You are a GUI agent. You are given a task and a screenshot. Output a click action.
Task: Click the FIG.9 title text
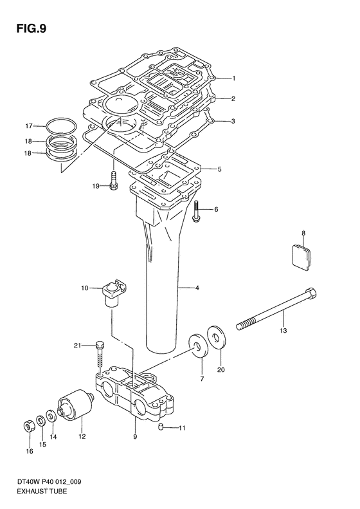[32, 29]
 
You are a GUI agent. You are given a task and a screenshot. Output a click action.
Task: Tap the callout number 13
[283, 331]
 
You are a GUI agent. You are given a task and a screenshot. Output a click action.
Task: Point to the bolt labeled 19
[114, 181]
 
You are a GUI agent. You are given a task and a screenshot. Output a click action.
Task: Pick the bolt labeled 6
[196, 211]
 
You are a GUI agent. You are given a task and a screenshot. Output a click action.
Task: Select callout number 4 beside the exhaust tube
[197, 288]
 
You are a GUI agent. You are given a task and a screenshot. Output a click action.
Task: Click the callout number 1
[233, 78]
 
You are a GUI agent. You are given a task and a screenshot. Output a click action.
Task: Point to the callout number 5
[219, 169]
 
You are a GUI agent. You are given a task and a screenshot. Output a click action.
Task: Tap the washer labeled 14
[51, 416]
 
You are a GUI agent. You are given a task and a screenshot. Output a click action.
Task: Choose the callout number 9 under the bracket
[135, 436]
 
